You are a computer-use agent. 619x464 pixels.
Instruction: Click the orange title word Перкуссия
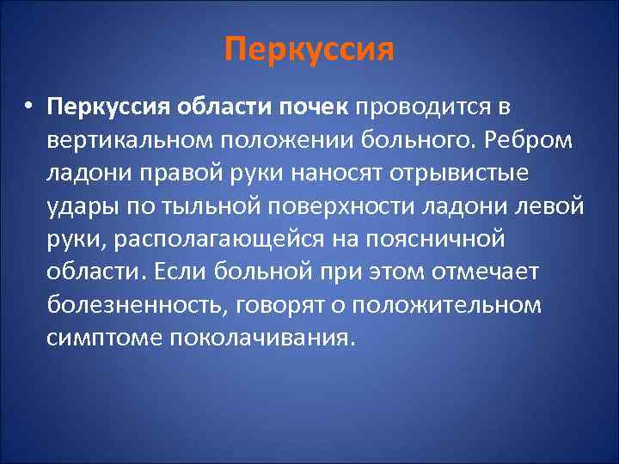pos(309,49)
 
